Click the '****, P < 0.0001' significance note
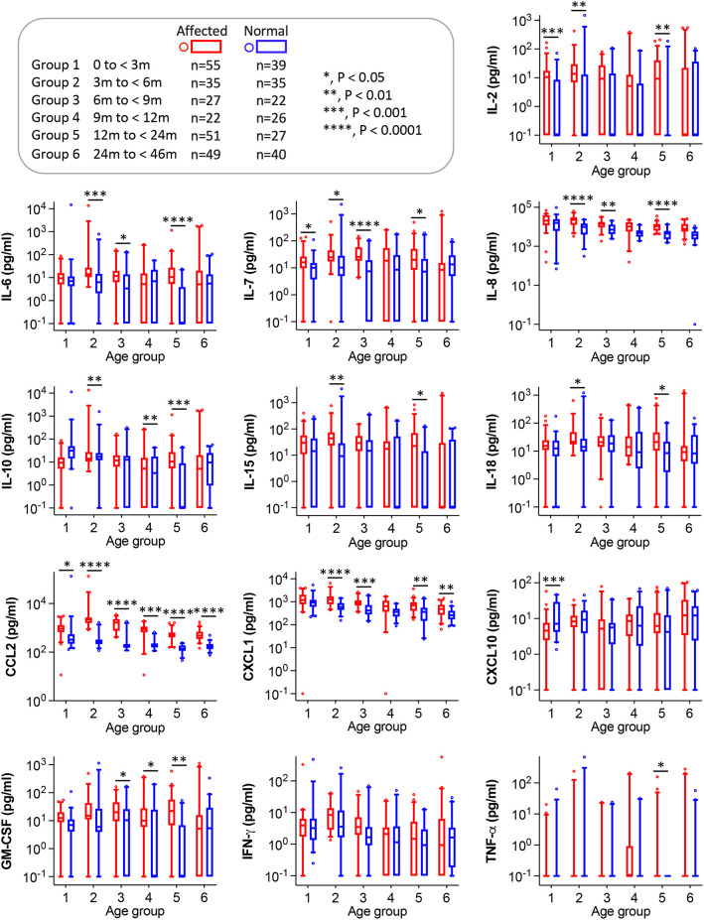pyautogui.click(x=366, y=129)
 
